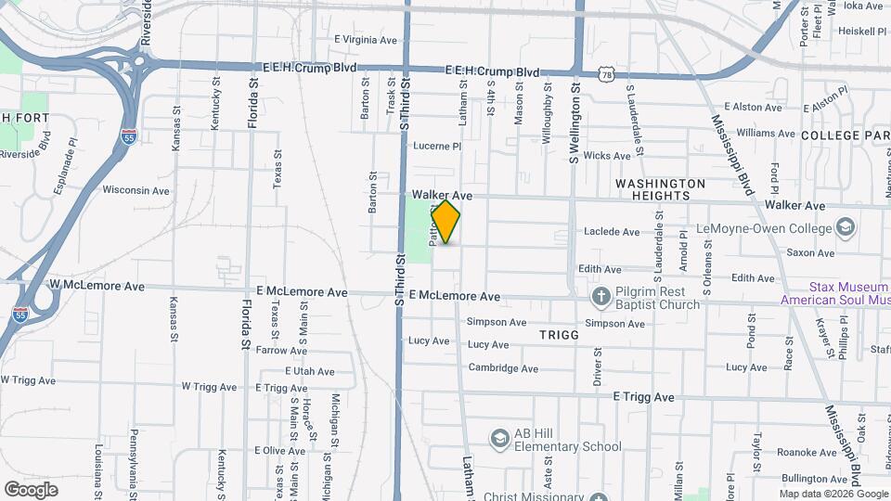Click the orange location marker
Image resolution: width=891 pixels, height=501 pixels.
tap(446, 223)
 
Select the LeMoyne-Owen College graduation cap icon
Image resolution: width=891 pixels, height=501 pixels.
tap(846, 227)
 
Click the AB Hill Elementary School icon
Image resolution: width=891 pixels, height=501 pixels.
tap(499, 438)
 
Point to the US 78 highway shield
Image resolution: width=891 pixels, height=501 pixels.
tap(607, 73)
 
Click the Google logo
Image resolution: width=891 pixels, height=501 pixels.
tap(31, 489)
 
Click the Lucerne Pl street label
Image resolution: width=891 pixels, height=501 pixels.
tap(437, 147)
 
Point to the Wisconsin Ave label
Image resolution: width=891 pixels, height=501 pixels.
tap(136, 190)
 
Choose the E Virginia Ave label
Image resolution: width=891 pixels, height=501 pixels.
tap(365, 40)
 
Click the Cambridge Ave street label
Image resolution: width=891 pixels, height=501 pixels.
tap(503, 368)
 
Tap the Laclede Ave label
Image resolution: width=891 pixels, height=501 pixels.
tap(612, 232)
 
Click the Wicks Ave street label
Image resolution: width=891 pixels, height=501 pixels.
tap(608, 156)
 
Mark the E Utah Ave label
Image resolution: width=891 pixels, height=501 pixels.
tap(311, 371)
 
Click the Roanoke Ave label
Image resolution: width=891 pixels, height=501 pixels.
tap(800, 453)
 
